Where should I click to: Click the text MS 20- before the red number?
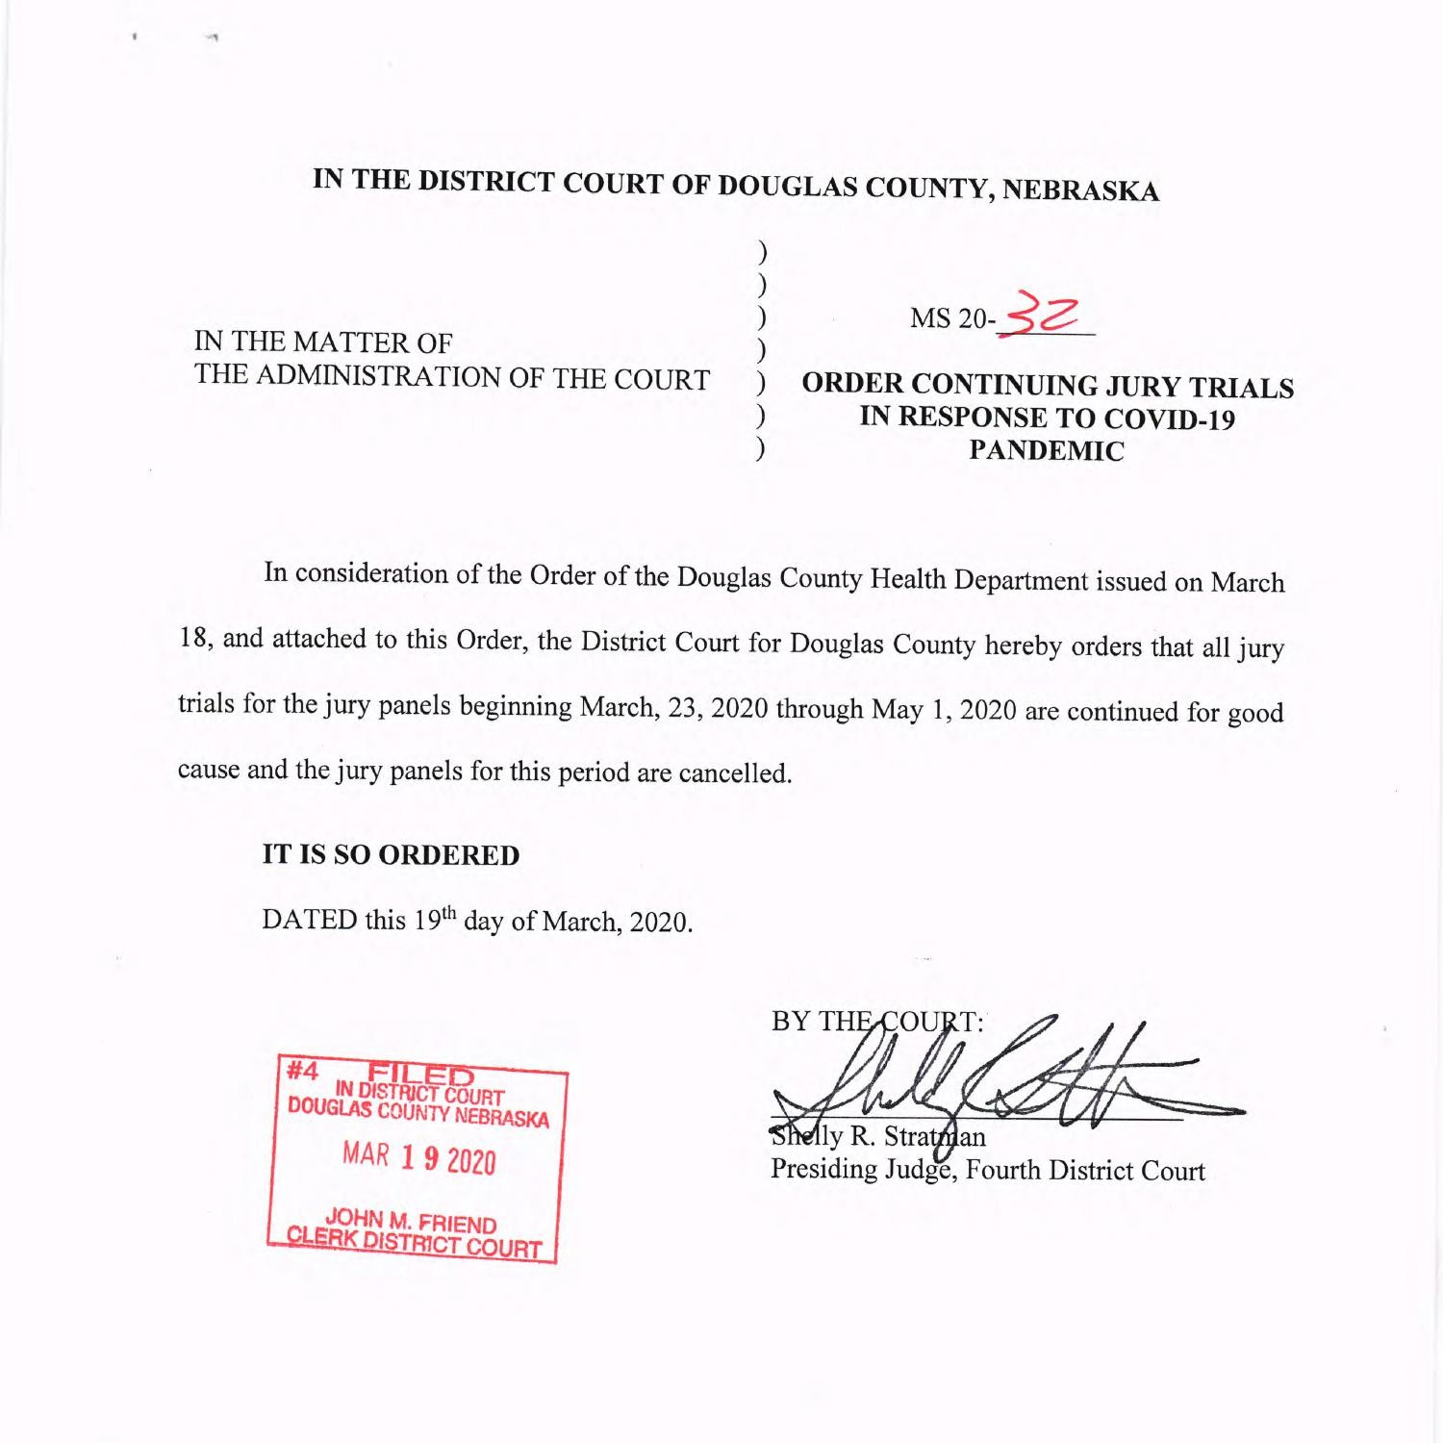coord(952,319)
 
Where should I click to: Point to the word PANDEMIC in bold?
coord(1046,451)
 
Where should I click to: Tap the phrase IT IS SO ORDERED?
coord(391,855)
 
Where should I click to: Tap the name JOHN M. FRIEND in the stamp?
coord(411,1220)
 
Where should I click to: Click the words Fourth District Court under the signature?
coord(1085,1171)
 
